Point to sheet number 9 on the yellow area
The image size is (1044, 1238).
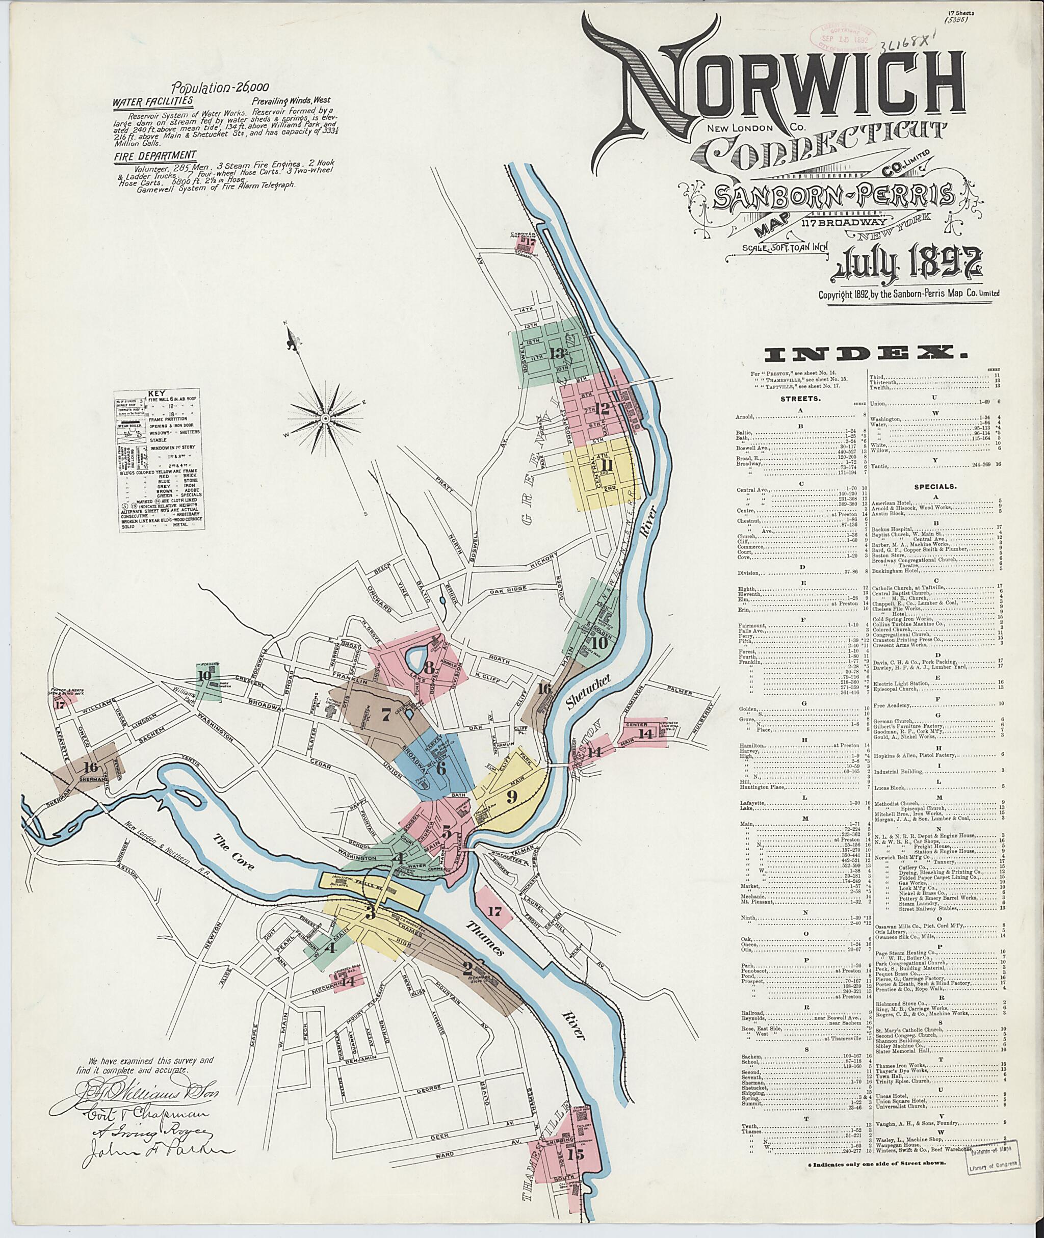pos(512,796)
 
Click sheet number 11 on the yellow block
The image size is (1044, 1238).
pos(606,464)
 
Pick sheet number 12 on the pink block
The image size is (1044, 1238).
pos(602,408)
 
